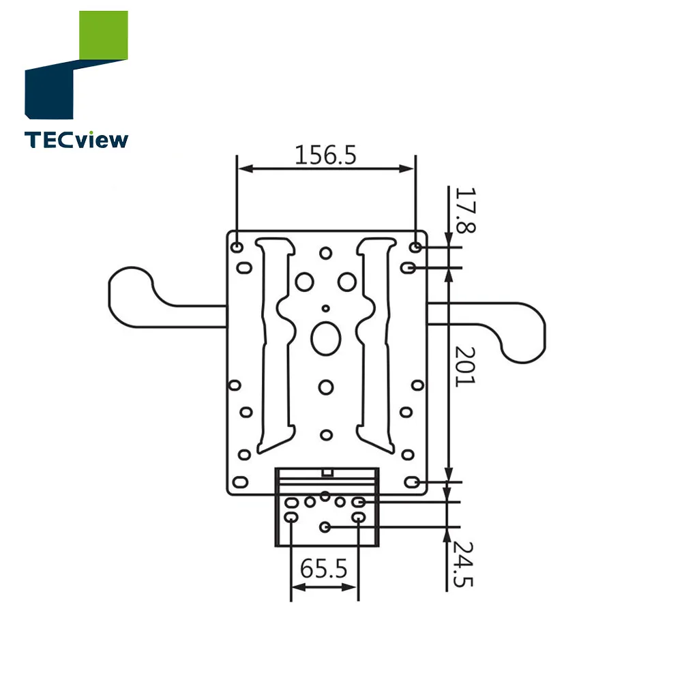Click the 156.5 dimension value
point(325,155)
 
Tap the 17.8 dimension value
point(464,211)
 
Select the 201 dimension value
point(464,366)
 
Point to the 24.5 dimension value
point(464,564)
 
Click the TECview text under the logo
point(76,140)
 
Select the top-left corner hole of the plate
point(236,246)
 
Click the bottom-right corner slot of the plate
point(411,482)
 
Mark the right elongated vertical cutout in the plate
point(377,341)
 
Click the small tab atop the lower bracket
point(327,471)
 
